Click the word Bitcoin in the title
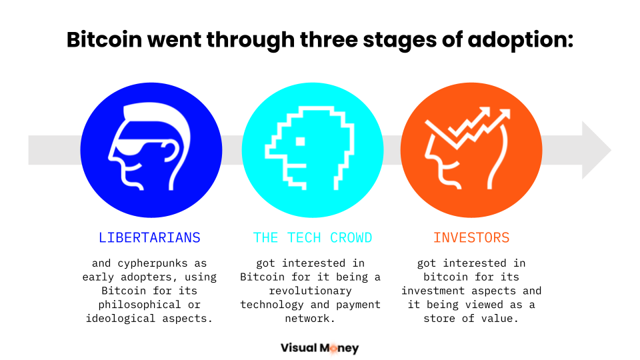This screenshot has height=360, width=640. pos(105,39)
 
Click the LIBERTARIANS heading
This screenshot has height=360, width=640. pos(149,237)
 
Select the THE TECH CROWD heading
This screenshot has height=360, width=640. pos(313,237)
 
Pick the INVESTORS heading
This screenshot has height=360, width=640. pos(471,237)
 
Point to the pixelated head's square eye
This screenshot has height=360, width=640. pos(301,141)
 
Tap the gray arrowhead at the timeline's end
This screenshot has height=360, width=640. pos(596,150)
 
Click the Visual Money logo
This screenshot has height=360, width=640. pos(319,348)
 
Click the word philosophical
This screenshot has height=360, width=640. pos(139,305)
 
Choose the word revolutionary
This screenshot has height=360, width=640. pos(310,291)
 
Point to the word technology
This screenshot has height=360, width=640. pos(272,305)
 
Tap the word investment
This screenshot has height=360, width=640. pos(433,291)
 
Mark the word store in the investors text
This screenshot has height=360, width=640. pos(439,319)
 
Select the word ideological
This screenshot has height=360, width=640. pos(121,319)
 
